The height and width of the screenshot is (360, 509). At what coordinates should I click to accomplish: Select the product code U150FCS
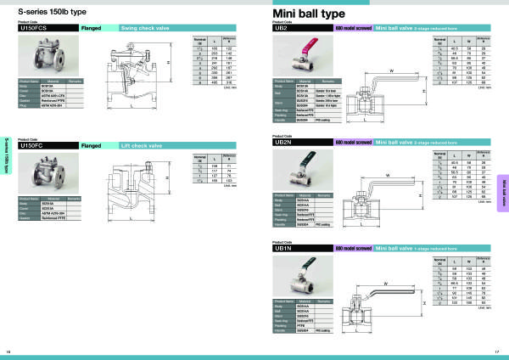tap(36, 29)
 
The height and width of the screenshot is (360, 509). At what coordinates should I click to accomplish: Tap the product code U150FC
tap(34, 145)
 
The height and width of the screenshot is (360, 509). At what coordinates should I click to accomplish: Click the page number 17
tap(497, 352)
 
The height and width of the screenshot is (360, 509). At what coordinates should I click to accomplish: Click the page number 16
tap(9, 352)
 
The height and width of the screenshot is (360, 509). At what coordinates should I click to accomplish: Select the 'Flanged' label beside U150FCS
tap(91, 29)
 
